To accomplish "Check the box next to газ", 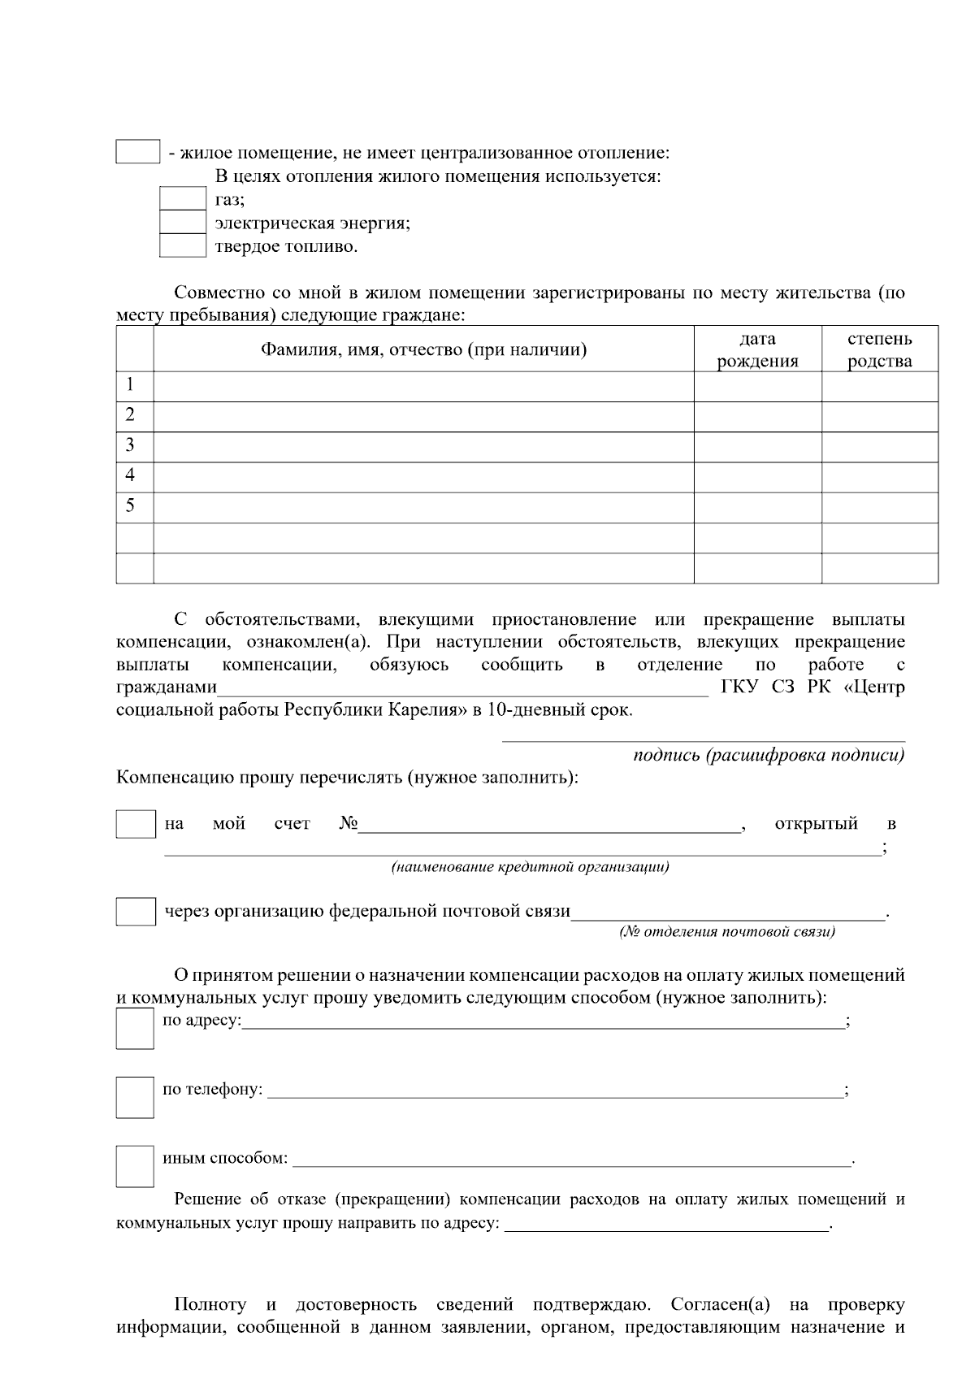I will point(182,199).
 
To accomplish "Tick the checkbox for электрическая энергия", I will point(182,222).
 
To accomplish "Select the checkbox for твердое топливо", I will point(182,245).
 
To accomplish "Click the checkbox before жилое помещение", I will point(137,152).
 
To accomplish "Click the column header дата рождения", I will point(757,349).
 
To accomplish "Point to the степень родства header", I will point(879,349).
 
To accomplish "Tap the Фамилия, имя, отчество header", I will point(423,349).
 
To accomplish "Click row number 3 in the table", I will point(130,445).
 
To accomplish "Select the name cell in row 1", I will point(423,386).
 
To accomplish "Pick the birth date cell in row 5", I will point(757,507).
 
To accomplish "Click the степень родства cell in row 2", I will point(879,416).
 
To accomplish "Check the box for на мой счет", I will point(136,824).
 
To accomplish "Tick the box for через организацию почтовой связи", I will point(136,912).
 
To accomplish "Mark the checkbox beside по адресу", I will point(135,1029).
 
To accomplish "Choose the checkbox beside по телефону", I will point(135,1098).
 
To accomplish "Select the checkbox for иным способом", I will point(135,1166).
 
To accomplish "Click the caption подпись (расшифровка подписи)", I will point(769,756).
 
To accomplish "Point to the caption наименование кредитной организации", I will point(530,868).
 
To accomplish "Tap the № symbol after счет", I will point(349,824).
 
